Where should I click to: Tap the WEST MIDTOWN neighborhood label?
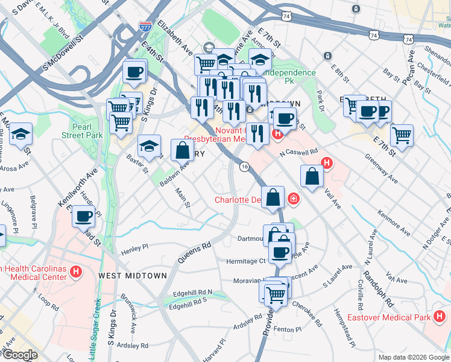click(x=132, y=276)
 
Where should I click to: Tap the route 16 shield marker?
click(x=244, y=167)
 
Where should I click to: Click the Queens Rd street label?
click(x=194, y=253)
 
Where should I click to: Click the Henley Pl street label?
click(x=134, y=248)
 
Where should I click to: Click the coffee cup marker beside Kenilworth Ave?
click(x=84, y=215)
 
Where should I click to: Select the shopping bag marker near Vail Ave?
click(x=312, y=176)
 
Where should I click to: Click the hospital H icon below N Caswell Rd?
click(x=327, y=162)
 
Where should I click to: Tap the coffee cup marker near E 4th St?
click(x=134, y=72)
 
